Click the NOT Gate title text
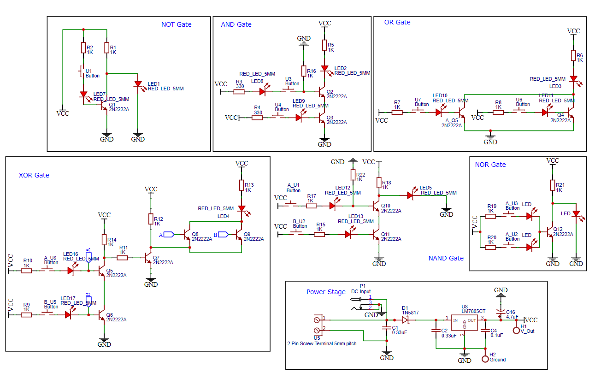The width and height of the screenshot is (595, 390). coord(176,24)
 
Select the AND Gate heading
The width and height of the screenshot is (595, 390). coord(236,24)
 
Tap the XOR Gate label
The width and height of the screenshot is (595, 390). coord(34,175)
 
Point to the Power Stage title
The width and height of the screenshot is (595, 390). coord(326,292)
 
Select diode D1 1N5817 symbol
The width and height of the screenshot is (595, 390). coord(406,319)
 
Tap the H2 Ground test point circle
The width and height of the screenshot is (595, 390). coord(485,359)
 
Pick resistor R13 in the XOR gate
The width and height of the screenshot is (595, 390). coord(241,185)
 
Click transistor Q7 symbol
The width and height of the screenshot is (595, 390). coord(147,258)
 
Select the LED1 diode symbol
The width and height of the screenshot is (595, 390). coord(138,84)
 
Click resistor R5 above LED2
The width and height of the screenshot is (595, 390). coord(324,45)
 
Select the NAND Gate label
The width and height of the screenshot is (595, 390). coord(446,258)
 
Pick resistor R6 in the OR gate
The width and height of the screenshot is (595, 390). coord(573,56)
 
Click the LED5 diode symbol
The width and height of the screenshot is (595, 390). coord(410,195)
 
